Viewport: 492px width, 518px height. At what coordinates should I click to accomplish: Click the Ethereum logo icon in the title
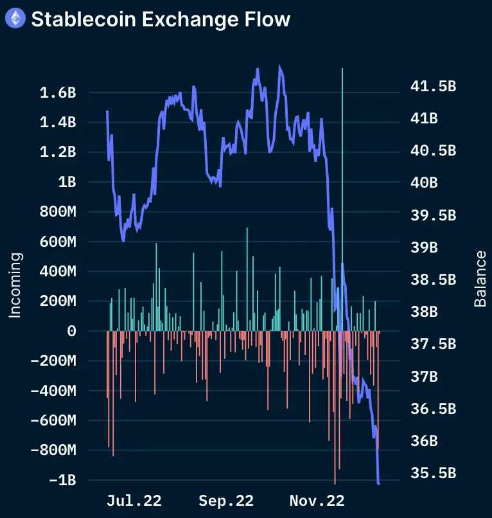click(x=15, y=19)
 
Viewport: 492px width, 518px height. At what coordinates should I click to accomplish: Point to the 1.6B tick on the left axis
click(x=58, y=93)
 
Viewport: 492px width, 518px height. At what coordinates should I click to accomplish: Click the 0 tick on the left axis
click(x=71, y=331)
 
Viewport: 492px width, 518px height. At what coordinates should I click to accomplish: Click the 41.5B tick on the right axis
click(x=433, y=86)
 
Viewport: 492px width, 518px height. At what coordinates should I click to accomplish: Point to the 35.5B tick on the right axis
click(x=433, y=473)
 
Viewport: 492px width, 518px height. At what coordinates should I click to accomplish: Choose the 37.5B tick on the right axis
click(x=433, y=344)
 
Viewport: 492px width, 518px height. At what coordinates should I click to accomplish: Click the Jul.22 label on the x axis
click(x=134, y=500)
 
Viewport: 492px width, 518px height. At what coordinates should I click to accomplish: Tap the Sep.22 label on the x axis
click(x=226, y=500)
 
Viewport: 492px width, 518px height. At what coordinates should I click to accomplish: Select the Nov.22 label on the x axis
click(x=317, y=500)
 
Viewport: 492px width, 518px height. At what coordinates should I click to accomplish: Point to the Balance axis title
click(x=480, y=278)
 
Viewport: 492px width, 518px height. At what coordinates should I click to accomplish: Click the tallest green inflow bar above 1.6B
click(x=342, y=193)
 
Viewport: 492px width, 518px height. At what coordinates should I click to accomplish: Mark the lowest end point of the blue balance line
click(x=379, y=483)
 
